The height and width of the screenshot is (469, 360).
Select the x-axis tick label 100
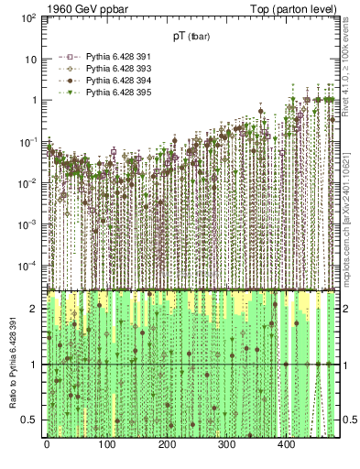(x=106, y=445)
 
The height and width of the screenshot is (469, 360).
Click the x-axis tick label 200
(x=167, y=445)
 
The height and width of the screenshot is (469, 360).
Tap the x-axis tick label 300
(x=226, y=445)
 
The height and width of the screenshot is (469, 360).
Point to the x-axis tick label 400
(x=287, y=445)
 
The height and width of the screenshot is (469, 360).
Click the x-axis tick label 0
(x=47, y=445)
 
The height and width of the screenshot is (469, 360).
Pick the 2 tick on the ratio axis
(x=35, y=309)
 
